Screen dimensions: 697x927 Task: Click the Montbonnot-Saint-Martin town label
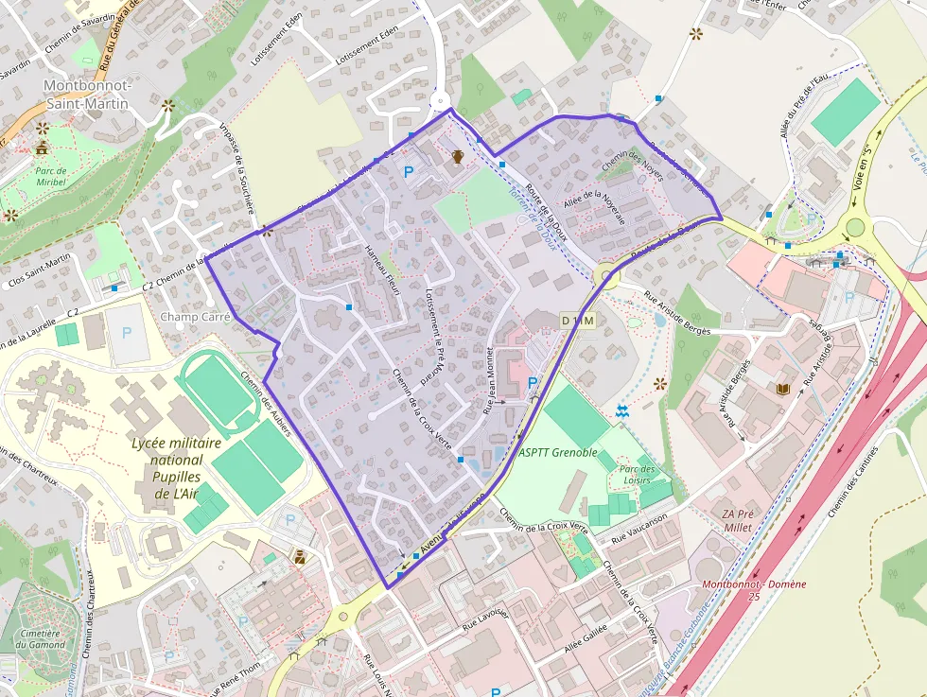pyautogui.click(x=86, y=95)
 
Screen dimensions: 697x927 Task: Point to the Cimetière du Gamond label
pyautogui.click(x=41, y=638)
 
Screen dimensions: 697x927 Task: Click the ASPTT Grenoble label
pyautogui.click(x=558, y=453)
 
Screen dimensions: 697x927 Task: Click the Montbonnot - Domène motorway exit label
pyautogui.click(x=754, y=589)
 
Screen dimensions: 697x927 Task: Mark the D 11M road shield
pyautogui.click(x=577, y=321)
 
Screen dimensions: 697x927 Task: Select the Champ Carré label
pyautogui.click(x=196, y=317)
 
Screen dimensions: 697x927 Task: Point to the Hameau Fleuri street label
pyautogui.click(x=383, y=270)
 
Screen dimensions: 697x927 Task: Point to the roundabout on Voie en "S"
pyautogui.click(x=856, y=228)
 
